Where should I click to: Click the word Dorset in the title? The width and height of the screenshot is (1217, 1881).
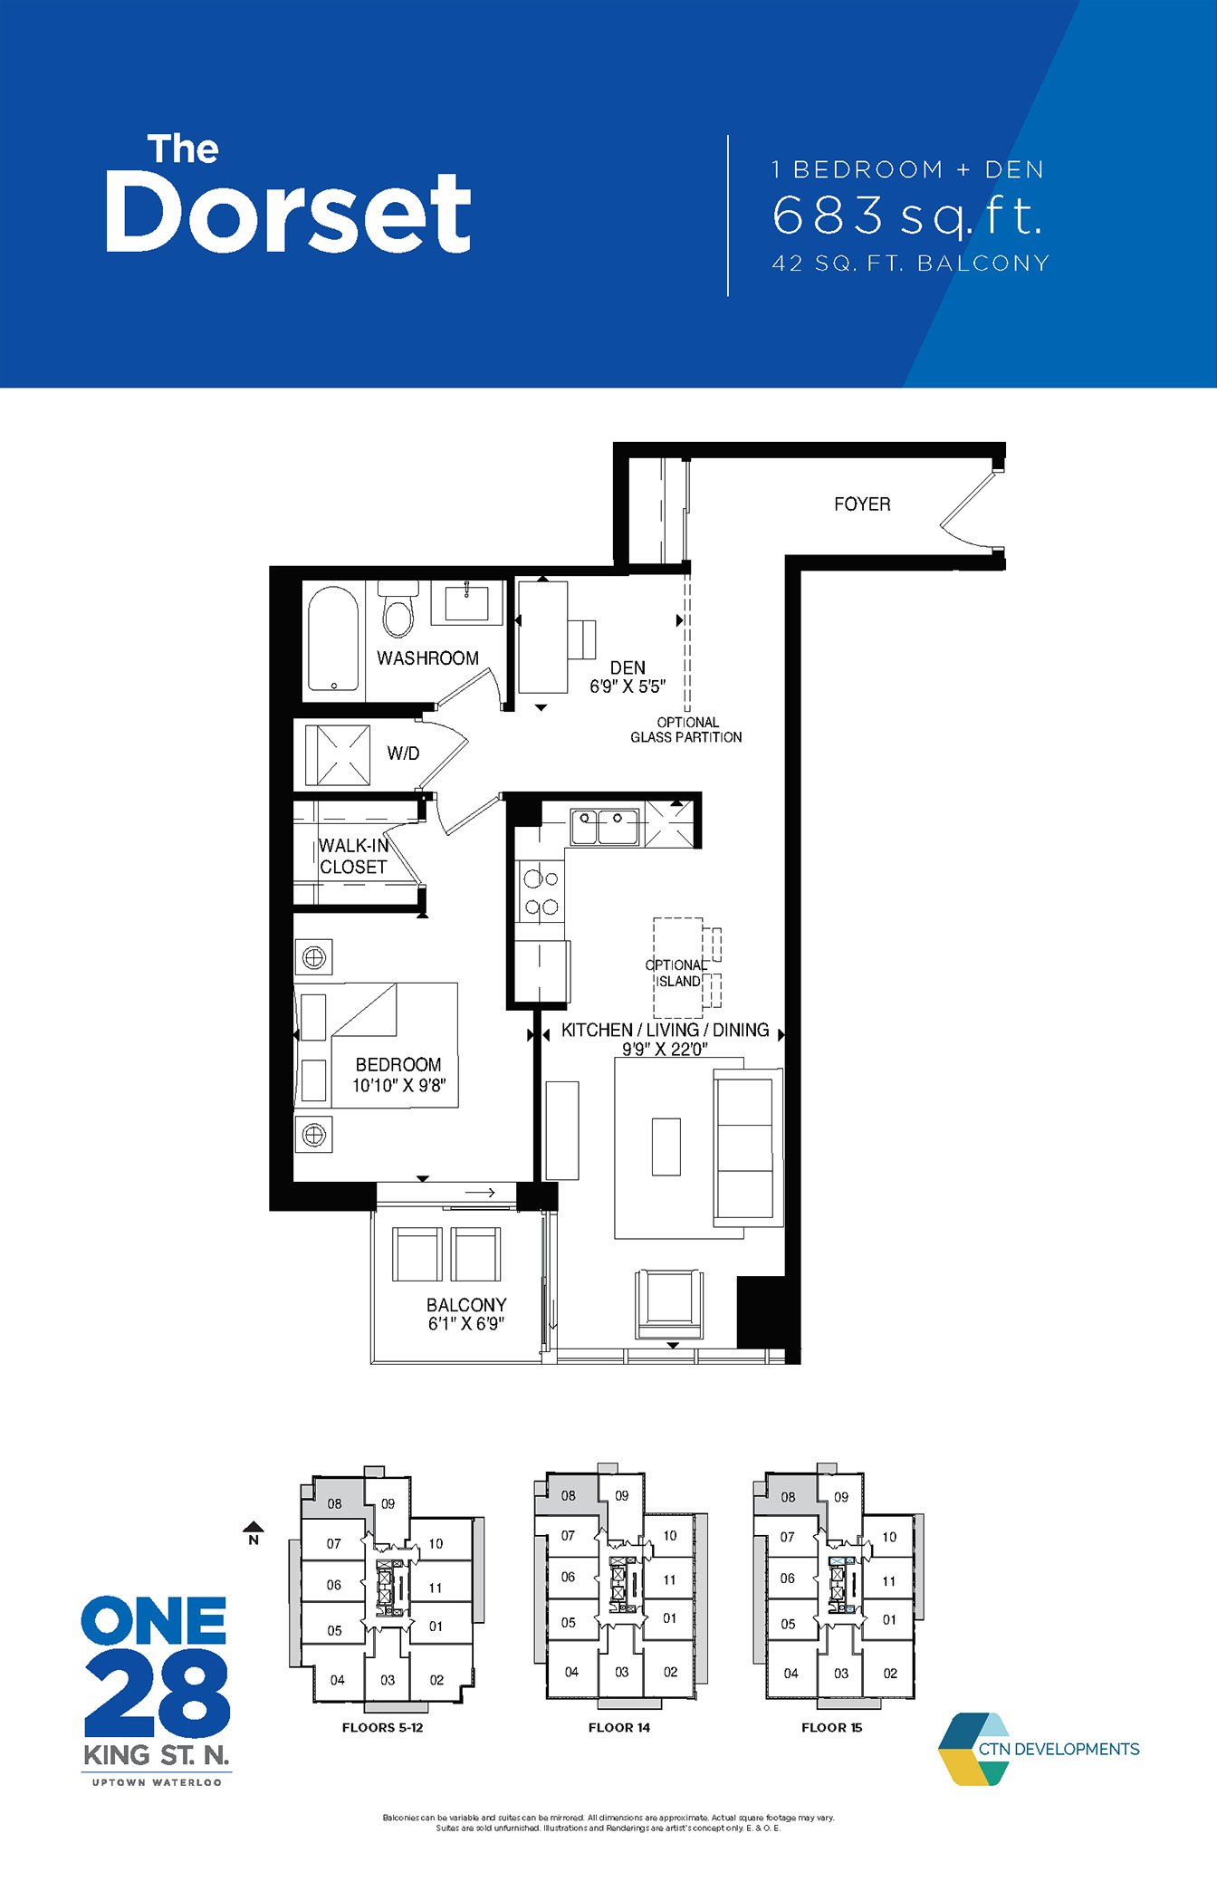pyautogui.click(x=288, y=213)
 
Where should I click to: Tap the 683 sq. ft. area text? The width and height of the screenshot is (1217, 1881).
pyautogui.click(x=908, y=216)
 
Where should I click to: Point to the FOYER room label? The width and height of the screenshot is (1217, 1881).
pyautogui.click(x=862, y=504)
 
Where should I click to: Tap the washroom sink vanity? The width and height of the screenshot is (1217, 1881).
pyautogui.click(x=466, y=602)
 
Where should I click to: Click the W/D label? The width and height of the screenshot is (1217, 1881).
pyautogui.click(x=403, y=753)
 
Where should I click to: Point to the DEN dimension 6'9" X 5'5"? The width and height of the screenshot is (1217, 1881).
pyautogui.click(x=628, y=687)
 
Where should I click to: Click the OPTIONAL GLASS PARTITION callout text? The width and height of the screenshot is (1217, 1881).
pyautogui.click(x=686, y=730)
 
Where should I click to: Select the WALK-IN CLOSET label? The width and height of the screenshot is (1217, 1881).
pyautogui.click(x=353, y=856)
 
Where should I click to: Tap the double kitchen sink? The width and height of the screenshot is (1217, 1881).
pyautogui.click(x=604, y=827)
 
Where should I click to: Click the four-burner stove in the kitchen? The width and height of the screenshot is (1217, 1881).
pyautogui.click(x=541, y=892)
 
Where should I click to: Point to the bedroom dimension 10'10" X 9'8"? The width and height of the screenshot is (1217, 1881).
pyautogui.click(x=398, y=1085)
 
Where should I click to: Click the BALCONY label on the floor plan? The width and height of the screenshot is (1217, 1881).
pyautogui.click(x=466, y=1304)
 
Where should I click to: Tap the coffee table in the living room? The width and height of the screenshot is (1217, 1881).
pyautogui.click(x=666, y=1147)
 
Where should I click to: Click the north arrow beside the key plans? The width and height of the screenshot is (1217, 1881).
pyautogui.click(x=254, y=1532)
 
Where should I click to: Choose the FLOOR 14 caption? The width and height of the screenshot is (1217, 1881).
pyautogui.click(x=619, y=1727)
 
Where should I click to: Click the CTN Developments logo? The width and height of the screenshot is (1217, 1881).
pyautogui.click(x=1039, y=1749)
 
